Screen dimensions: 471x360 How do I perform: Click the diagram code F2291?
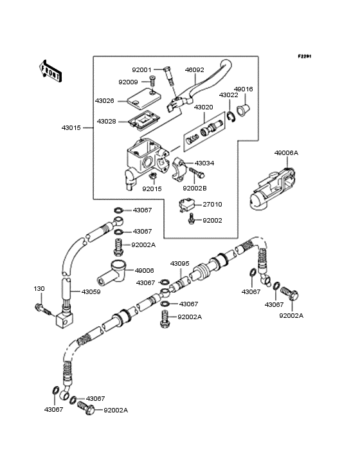(x=305, y=57)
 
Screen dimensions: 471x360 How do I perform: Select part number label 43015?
(x=71, y=128)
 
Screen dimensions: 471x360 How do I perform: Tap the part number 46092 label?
(x=194, y=69)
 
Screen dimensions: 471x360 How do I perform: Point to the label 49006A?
(x=286, y=153)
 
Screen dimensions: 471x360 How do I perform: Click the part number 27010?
(x=212, y=205)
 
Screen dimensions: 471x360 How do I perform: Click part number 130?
(x=39, y=288)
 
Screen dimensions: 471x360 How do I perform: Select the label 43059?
(x=91, y=291)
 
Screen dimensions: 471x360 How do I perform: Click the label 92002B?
(x=194, y=189)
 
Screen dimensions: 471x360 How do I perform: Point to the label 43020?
(x=204, y=107)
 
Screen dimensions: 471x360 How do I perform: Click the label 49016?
(x=243, y=89)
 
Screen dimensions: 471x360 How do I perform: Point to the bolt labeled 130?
(x=43, y=310)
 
